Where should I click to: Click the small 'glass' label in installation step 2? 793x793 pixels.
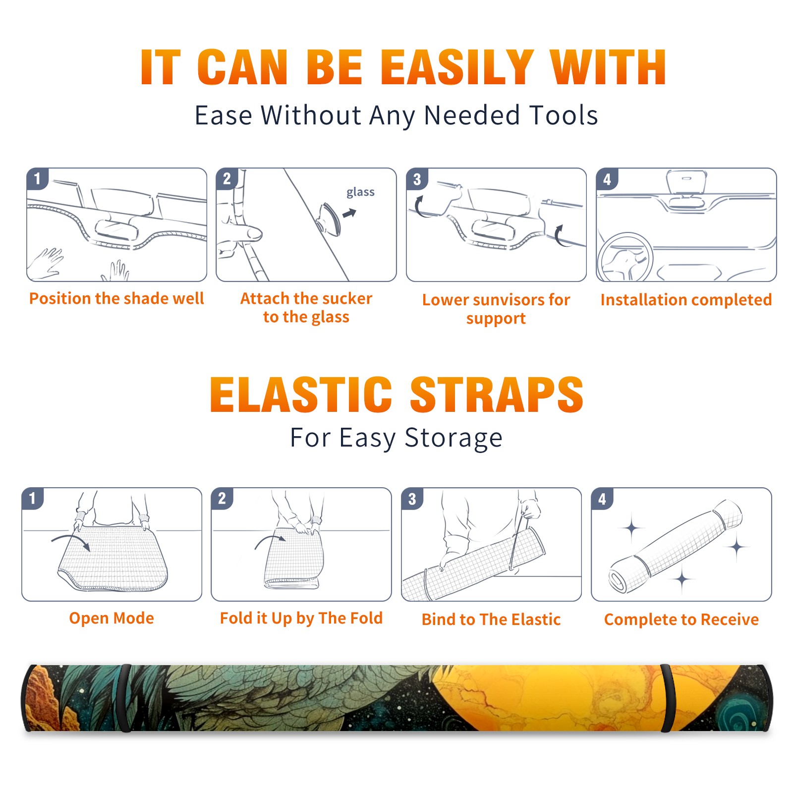point(360,192)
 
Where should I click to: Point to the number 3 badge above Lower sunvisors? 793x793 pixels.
point(417,179)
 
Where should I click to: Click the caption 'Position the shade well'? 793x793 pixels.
point(116,298)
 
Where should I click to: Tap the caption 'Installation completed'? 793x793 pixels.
point(686,299)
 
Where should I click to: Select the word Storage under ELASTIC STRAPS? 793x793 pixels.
point(453,438)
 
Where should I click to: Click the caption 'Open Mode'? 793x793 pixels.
point(112,618)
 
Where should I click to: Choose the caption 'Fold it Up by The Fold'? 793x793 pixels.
point(301,618)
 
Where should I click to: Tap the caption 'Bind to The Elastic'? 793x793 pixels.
point(491,619)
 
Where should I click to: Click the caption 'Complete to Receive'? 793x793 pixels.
point(681,619)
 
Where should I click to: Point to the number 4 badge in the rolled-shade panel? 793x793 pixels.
point(602,499)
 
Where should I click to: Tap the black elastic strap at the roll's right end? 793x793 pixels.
point(667,698)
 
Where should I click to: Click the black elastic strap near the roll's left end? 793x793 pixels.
point(125,698)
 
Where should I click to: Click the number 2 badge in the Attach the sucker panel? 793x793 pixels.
point(227,179)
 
